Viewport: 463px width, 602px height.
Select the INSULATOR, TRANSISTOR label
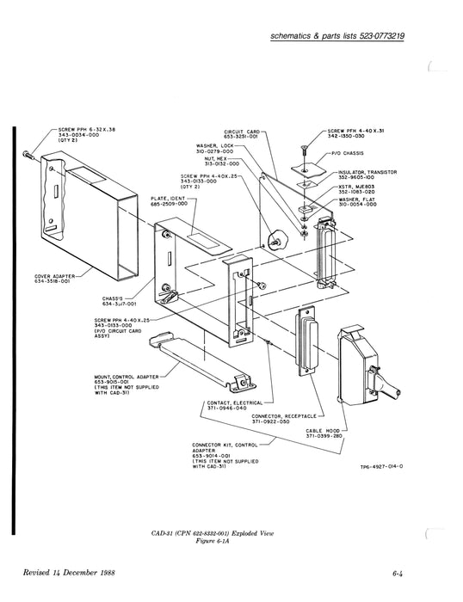pyautogui.click(x=367, y=172)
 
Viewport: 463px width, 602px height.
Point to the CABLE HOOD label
pyautogui.click(x=324, y=431)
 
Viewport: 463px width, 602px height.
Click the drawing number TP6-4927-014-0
pyautogui.click(x=382, y=467)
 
